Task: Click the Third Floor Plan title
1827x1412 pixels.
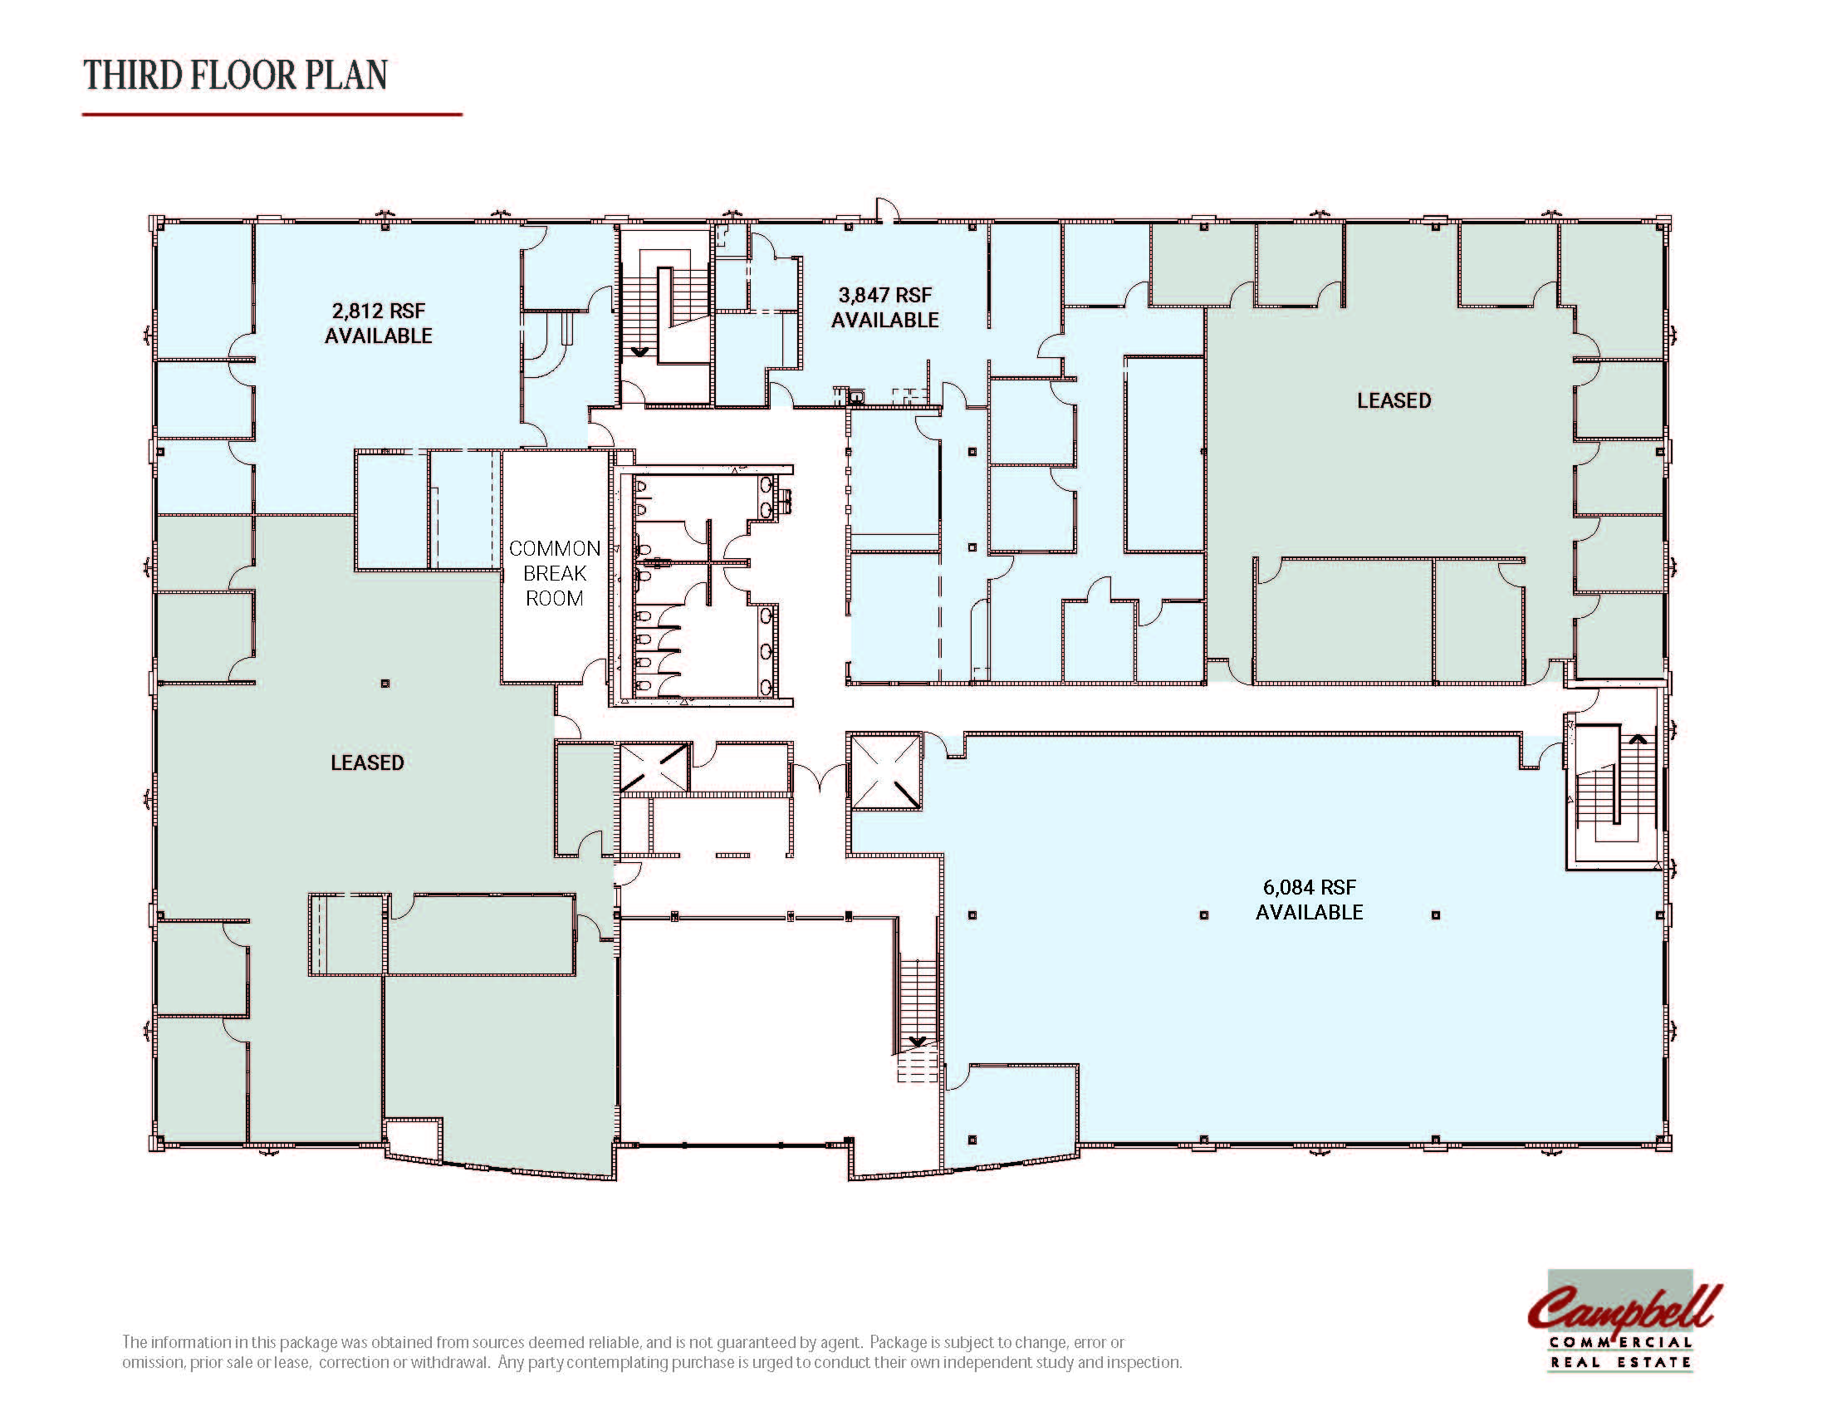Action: tap(236, 76)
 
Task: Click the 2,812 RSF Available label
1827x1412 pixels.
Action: tap(378, 323)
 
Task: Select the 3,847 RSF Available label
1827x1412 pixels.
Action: tap(885, 307)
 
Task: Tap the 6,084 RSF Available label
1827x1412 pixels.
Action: tap(1309, 900)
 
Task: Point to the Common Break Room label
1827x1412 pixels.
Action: tap(555, 573)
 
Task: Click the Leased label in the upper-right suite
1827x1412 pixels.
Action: tap(1394, 400)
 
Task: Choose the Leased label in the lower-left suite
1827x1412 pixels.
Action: tap(367, 762)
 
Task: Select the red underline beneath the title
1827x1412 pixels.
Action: tap(272, 114)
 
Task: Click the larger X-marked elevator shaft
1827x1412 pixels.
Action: tap(886, 772)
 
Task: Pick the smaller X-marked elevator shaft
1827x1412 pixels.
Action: tap(654, 768)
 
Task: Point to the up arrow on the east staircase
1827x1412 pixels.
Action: tap(1637, 739)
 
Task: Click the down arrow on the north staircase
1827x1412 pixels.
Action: tap(640, 352)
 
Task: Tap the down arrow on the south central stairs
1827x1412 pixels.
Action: tap(918, 1042)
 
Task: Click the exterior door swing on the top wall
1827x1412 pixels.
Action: tap(887, 210)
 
